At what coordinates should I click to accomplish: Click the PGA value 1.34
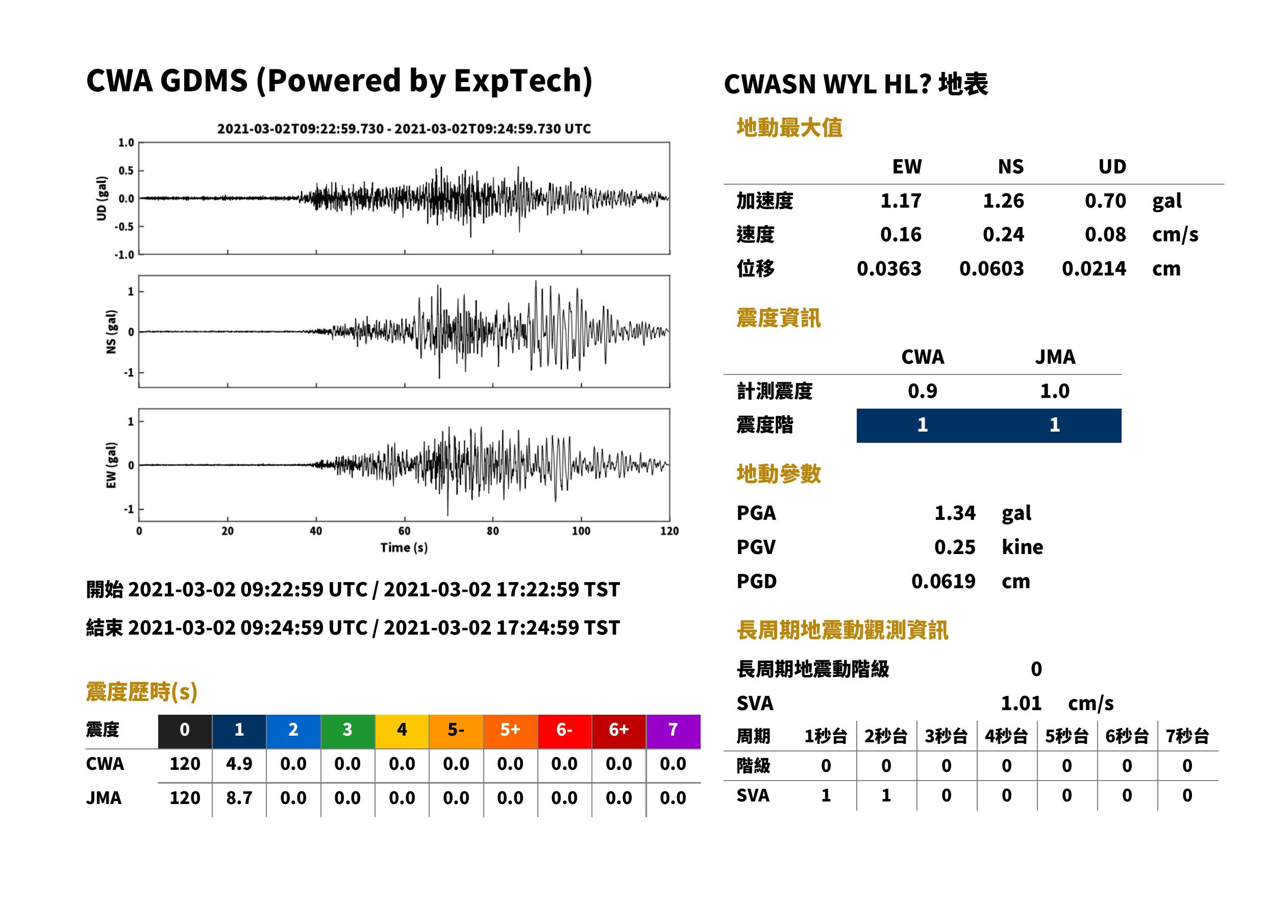pos(955,513)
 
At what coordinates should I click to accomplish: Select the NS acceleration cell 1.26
pos(1003,200)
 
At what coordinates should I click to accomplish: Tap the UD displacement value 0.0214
pos(1094,268)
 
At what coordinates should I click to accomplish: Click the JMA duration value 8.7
pos(239,798)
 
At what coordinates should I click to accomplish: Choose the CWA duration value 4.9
pos(239,764)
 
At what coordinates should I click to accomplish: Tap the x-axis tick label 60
pos(404,531)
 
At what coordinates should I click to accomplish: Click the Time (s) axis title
pos(404,548)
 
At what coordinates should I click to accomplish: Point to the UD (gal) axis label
pos(102,199)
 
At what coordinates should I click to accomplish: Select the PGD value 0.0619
pos(943,581)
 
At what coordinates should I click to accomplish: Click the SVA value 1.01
pos(1021,703)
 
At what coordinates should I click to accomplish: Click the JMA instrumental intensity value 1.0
pos(1054,391)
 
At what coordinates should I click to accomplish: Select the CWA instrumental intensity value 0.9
pos(923,391)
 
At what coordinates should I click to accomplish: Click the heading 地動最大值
pos(789,128)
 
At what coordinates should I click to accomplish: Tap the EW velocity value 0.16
pos(901,234)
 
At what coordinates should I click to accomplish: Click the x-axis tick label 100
pos(581,531)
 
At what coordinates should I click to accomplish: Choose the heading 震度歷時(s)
pos(142,692)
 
